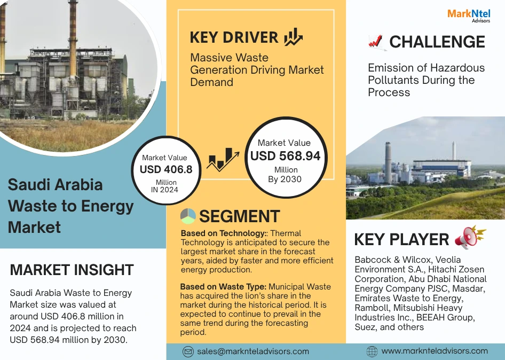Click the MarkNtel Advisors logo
pyautogui.click(x=469, y=16)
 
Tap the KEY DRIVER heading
pyautogui.click(x=234, y=37)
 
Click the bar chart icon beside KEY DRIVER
pyautogui.click(x=293, y=37)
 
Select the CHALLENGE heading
pyautogui.click(x=437, y=42)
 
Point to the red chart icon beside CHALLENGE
pyautogui.click(x=376, y=42)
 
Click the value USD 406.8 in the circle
pyautogui.click(x=166, y=169)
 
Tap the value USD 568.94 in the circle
pyautogui.click(x=286, y=156)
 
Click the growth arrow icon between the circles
pyautogui.click(x=223, y=160)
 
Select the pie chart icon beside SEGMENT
pyautogui.click(x=188, y=216)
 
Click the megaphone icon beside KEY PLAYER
pyautogui.click(x=470, y=237)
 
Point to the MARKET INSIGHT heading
pyautogui.click(x=72, y=270)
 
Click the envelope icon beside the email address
pyautogui.click(x=188, y=351)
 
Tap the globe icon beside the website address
pyautogui.click(x=372, y=351)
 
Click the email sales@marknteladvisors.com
pyautogui.click(x=253, y=351)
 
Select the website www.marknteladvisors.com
pyautogui.click(x=435, y=351)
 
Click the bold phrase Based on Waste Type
pyautogui.click(x=223, y=286)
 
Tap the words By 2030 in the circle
pyautogui.click(x=285, y=179)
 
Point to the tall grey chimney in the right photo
pyautogui.click(x=388, y=163)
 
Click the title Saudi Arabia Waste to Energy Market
pyautogui.click(x=70, y=206)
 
